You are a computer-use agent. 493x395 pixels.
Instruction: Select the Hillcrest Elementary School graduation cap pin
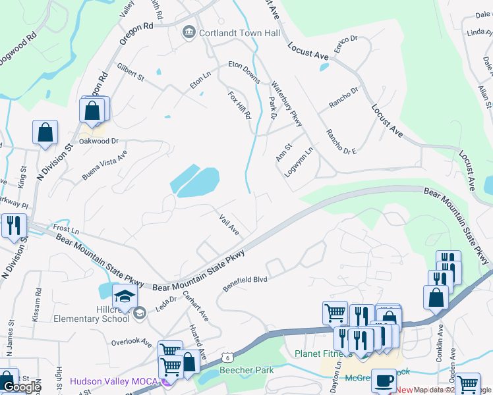(x=125, y=296)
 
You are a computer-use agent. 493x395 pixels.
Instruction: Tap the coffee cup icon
(x=384, y=381)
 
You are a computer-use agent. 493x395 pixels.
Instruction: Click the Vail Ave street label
(x=228, y=224)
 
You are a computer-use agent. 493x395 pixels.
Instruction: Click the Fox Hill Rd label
(x=239, y=105)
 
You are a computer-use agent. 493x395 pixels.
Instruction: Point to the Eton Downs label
(x=245, y=68)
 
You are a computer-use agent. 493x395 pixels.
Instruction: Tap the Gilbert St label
(x=130, y=72)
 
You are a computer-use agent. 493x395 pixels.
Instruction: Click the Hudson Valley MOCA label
(x=116, y=381)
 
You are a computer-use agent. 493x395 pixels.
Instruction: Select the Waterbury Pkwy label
(x=287, y=103)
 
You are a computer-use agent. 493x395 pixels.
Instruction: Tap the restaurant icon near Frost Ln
(x=13, y=226)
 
